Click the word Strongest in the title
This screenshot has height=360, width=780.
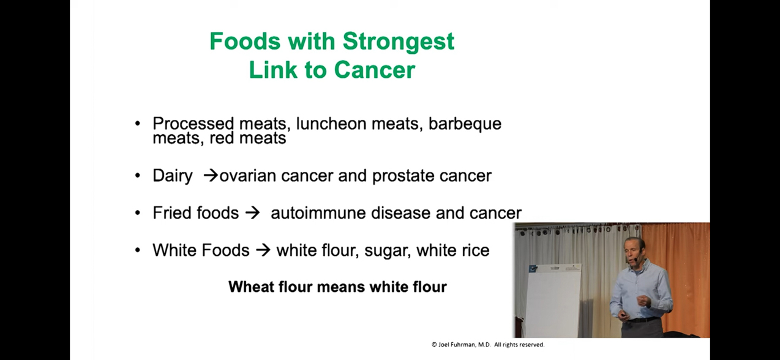[399, 42]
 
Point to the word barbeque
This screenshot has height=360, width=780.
[465, 124]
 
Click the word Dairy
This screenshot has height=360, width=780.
[172, 176]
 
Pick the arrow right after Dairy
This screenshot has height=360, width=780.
[211, 176]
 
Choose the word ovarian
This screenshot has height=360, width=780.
[247, 176]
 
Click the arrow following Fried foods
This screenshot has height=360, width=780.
[252, 213]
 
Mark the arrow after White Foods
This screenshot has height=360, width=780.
[263, 250]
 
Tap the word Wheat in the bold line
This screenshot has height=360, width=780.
[248, 287]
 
